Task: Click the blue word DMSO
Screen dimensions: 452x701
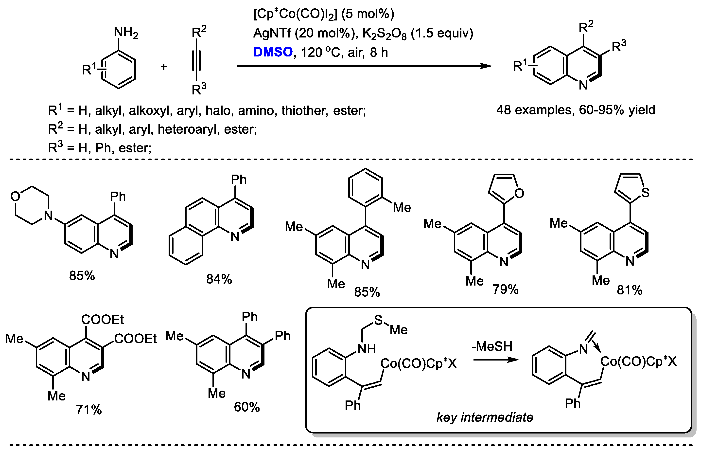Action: tap(273, 52)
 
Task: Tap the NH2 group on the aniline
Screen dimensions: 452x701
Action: tap(126, 32)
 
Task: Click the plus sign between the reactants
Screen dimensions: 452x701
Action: tap(164, 67)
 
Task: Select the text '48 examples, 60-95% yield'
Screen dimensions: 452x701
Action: tap(576, 110)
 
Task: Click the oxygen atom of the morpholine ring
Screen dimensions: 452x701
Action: tap(15, 196)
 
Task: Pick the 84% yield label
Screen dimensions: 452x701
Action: tap(219, 279)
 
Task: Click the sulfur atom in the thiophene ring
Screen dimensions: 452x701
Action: tap(645, 193)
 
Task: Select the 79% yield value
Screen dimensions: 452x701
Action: tap(505, 289)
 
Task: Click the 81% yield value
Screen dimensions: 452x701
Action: tap(630, 290)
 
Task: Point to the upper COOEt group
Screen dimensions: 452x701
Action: tap(103, 319)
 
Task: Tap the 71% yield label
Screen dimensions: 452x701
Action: tap(88, 409)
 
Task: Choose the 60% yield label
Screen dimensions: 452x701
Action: tap(247, 407)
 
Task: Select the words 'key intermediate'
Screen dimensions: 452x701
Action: tap(485, 417)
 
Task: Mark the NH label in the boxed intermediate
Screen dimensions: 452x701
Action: tap(366, 349)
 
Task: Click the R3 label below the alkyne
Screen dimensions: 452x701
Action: tap(199, 89)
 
